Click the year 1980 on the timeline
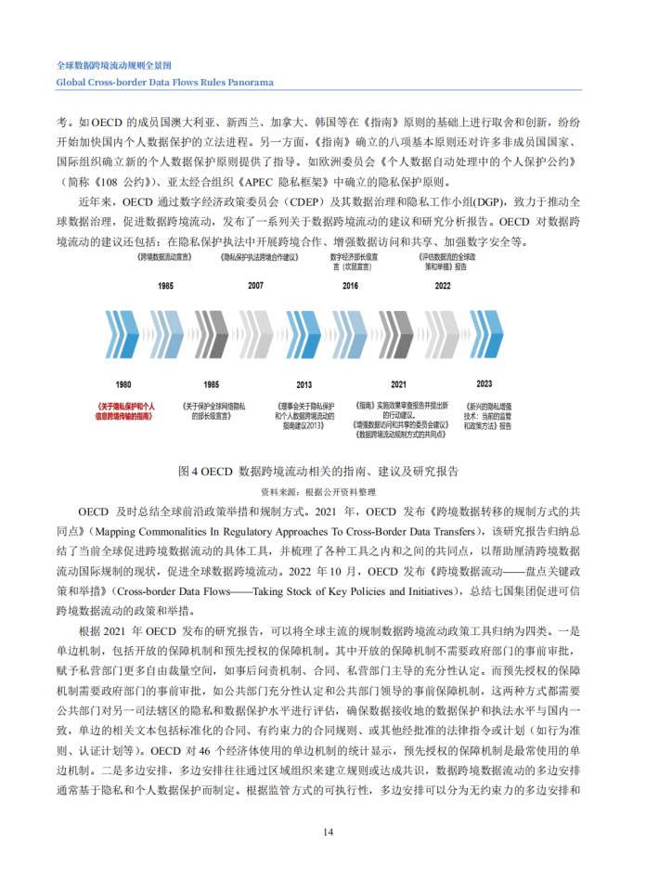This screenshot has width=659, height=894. [x=123, y=382]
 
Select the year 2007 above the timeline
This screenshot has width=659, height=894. [x=255, y=287]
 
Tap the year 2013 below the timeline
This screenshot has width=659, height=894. [x=304, y=383]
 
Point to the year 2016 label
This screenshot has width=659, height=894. [x=350, y=287]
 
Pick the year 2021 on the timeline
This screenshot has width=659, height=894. [x=398, y=383]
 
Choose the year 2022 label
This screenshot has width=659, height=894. [x=443, y=287]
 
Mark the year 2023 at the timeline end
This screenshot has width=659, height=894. [x=485, y=382]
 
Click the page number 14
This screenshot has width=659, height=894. [x=329, y=831]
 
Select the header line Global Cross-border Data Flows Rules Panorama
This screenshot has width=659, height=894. [x=165, y=82]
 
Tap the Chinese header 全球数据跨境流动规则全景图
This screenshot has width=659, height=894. [x=123, y=66]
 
